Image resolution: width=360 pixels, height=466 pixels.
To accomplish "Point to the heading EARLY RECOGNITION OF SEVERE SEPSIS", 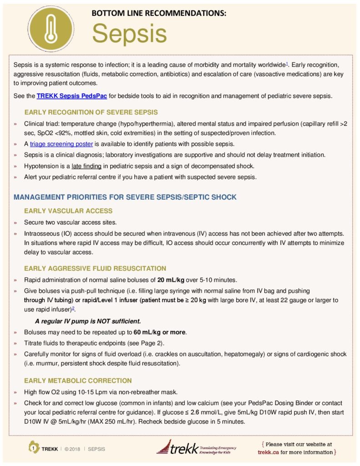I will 91,112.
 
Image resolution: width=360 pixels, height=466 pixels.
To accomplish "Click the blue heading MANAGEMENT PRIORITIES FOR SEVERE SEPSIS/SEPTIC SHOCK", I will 125,198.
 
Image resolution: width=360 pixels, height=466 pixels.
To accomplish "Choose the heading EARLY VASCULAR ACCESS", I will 68,211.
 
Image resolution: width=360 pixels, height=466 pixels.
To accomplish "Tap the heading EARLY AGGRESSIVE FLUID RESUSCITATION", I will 95,268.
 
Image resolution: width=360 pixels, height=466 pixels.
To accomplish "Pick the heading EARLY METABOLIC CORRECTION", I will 78,380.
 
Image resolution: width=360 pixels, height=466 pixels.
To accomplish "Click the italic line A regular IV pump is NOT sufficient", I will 91,321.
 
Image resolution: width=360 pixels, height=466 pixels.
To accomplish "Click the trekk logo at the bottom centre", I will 189,448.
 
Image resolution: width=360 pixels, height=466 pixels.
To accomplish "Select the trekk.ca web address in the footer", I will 268,452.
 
